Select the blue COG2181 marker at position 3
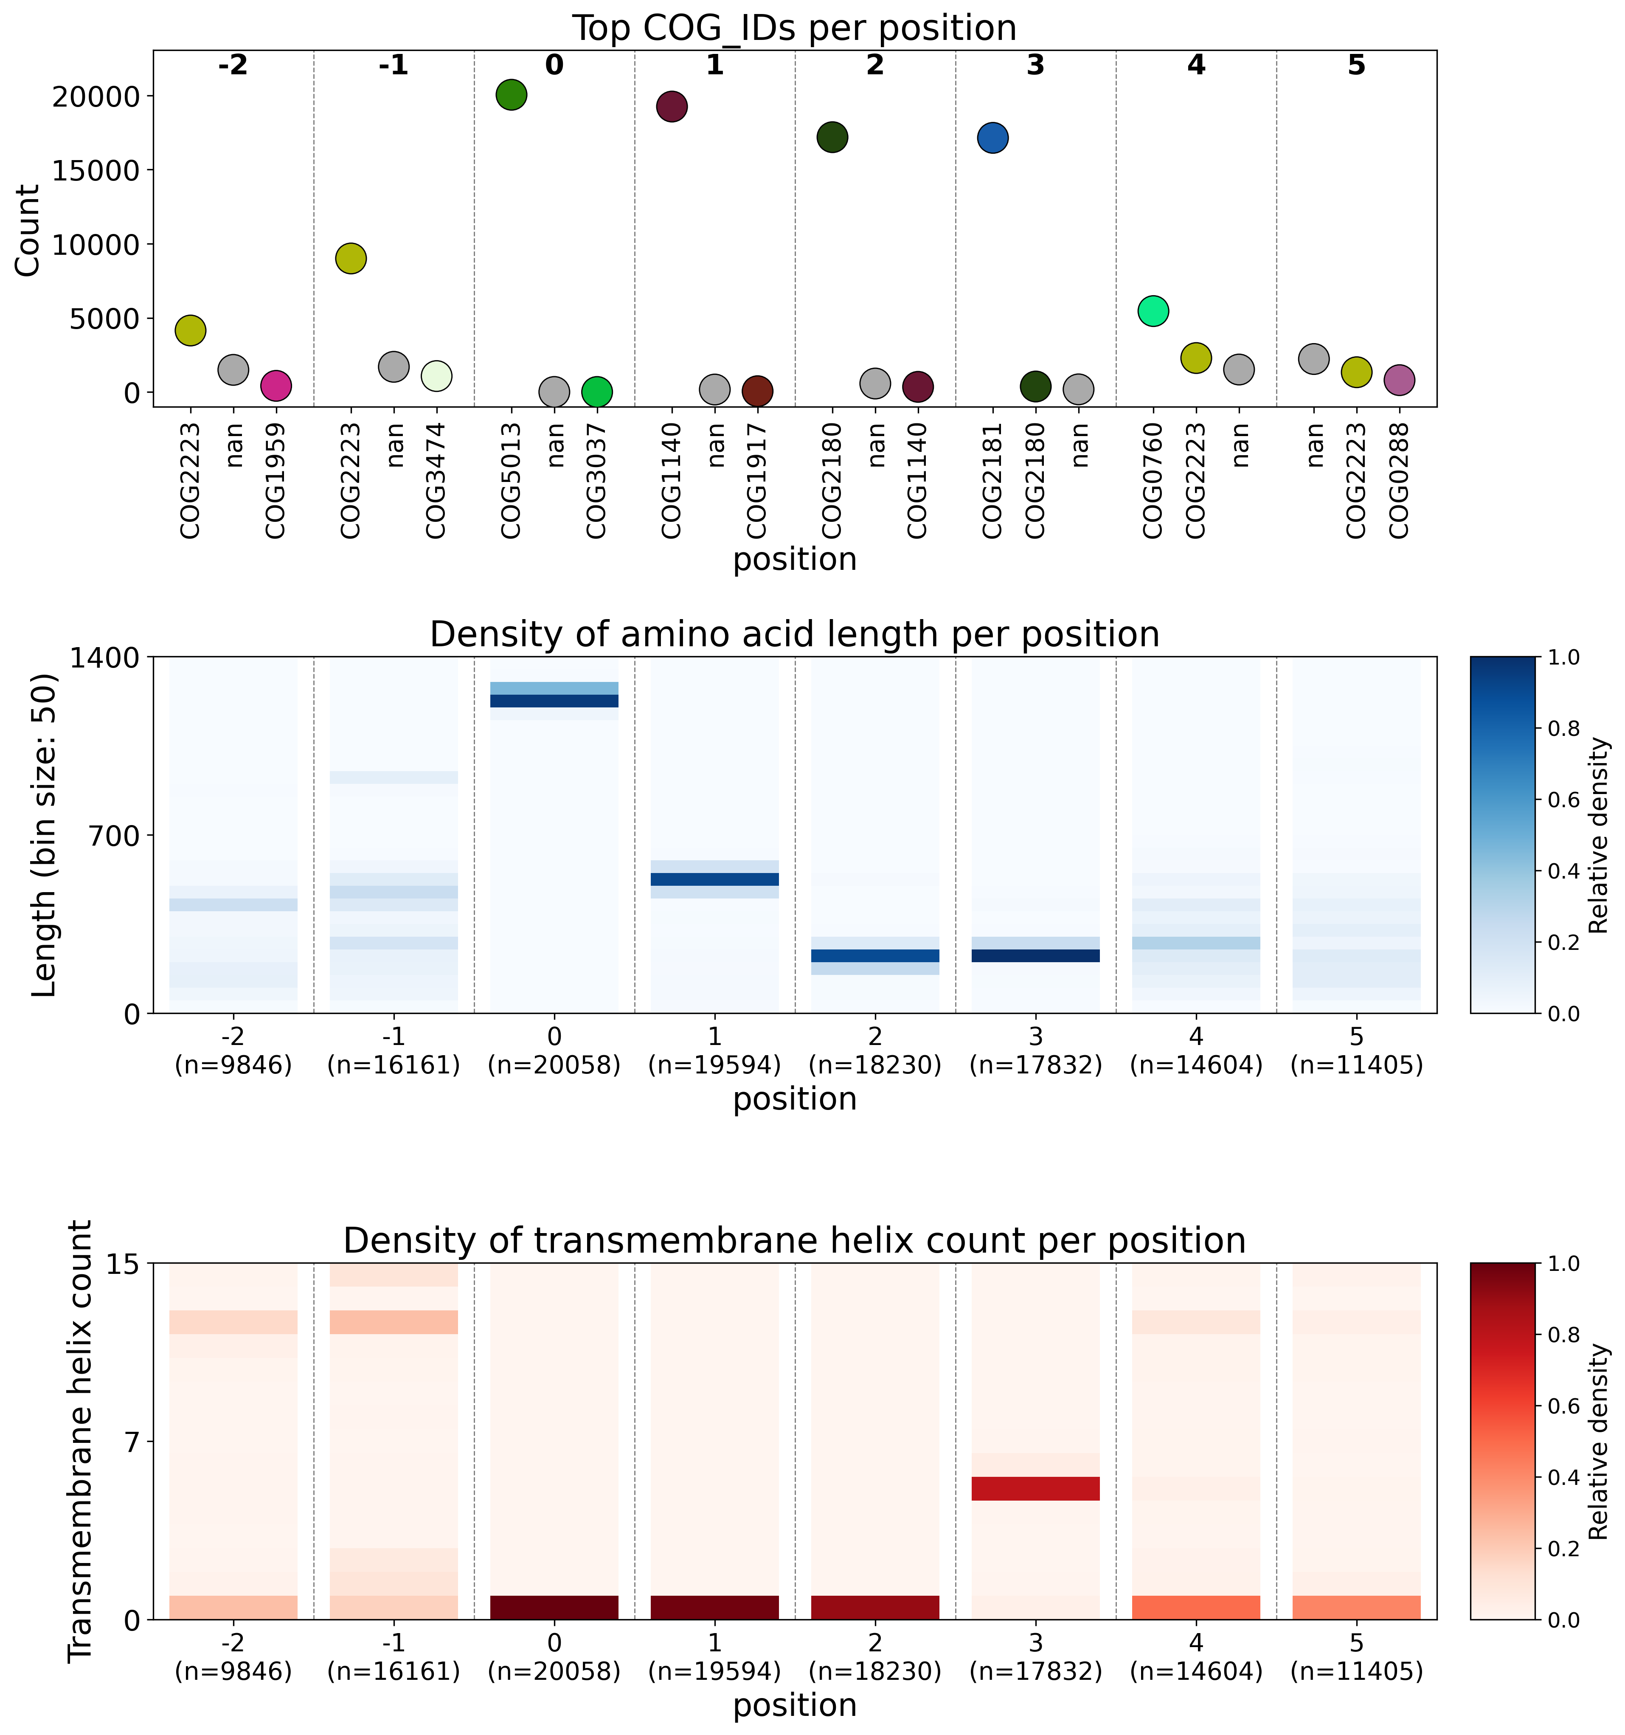tap(992, 137)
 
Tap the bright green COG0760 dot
tap(1153, 311)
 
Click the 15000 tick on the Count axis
tap(96, 170)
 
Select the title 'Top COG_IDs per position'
tap(794, 28)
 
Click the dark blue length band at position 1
tap(715, 879)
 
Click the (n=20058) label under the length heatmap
tap(554, 1066)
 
